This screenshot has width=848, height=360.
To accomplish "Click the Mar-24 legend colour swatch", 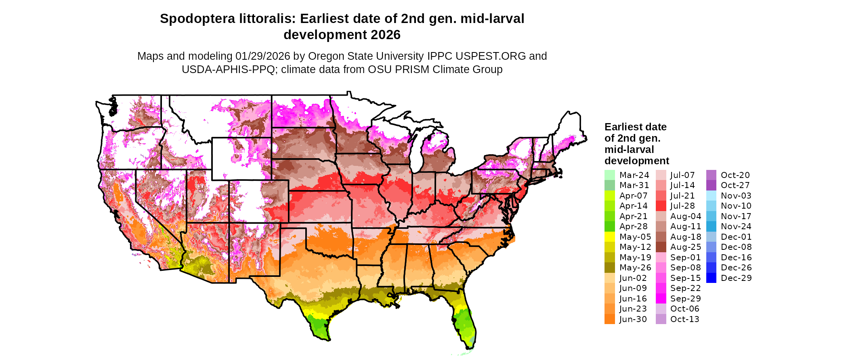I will click(x=609, y=175).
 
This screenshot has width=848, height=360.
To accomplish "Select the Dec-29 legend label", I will click(x=736, y=278).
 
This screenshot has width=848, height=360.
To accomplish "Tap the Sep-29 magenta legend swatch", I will click(x=661, y=299).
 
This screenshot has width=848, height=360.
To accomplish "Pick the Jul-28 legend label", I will click(x=682, y=206).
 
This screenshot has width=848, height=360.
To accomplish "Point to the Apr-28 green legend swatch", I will click(x=609, y=226).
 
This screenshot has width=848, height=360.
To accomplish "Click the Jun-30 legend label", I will click(x=633, y=319).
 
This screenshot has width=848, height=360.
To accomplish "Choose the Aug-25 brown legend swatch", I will click(x=661, y=247).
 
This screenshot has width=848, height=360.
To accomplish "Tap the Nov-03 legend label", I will click(x=736, y=196).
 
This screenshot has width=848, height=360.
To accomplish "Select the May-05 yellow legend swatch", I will click(x=609, y=237).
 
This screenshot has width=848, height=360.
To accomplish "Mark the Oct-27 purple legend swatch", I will click(x=711, y=185).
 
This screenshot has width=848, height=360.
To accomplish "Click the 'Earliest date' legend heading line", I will click(x=635, y=127).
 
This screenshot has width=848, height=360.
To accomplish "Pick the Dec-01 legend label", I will click(x=736, y=237).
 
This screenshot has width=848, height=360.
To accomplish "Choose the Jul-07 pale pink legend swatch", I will click(x=661, y=175).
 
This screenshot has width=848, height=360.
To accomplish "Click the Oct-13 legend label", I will click(x=684, y=319).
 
